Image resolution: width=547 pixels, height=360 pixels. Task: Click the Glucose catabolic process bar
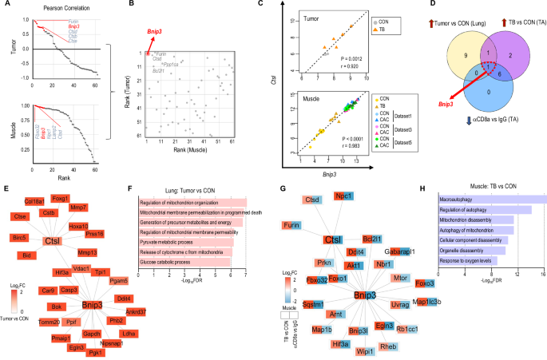184,262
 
